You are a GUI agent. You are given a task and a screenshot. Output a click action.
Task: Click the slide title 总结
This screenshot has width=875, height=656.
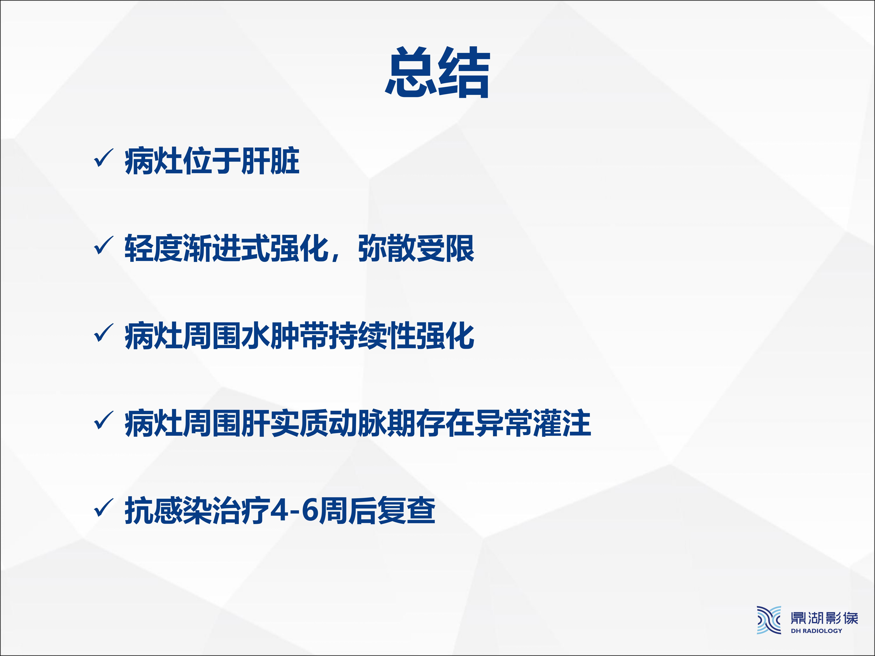438,72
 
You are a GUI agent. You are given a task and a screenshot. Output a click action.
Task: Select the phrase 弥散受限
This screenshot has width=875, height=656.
416,248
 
